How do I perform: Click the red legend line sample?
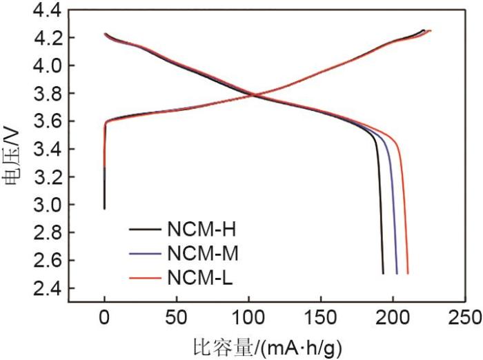tap(146, 278)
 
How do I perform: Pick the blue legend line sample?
tap(146, 252)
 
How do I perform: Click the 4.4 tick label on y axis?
tap(47, 10)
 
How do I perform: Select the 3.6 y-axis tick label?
tap(47, 121)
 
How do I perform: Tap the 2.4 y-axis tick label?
tap(47, 288)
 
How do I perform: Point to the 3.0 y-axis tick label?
tap(47, 205)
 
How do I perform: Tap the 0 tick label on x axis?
tap(104, 318)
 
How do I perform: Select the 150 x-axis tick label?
tap(321, 318)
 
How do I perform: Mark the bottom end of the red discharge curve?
tap(408, 273)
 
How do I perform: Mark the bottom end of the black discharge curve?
tap(383, 273)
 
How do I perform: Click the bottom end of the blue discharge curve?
tap(397, 273)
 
